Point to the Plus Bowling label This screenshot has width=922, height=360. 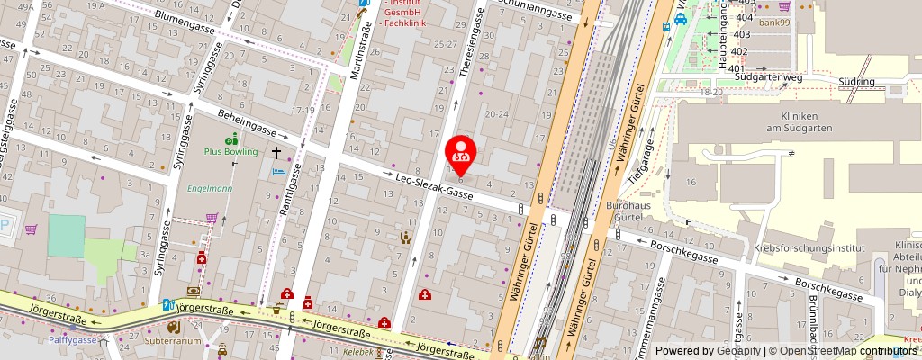(230, 152)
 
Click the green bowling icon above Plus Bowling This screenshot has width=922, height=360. (232, 139)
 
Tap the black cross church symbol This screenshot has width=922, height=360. (278, 155)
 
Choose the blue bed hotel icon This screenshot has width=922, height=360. (278, 171)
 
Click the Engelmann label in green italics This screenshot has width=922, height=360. (210, 189)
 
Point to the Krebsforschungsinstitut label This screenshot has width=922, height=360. (807, 248)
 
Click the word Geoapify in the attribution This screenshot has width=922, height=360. (735, 351)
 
